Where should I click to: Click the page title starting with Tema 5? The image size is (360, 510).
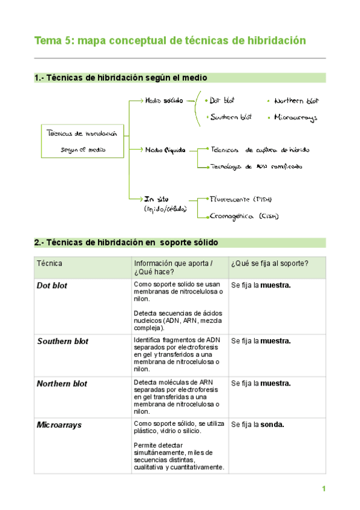pos(170,40)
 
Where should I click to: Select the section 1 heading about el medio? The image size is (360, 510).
pos(121,78)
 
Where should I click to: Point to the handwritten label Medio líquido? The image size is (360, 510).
pos(165,149)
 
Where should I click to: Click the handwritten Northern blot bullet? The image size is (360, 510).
pos(296,101)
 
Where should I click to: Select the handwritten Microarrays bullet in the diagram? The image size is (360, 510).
pos(295,118)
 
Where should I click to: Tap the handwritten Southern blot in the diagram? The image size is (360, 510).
pos(230,117)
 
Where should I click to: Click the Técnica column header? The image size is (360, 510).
pos(49,263)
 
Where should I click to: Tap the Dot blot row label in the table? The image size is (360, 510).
pos(52,286)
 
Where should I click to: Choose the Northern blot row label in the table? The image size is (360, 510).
pos(62,384)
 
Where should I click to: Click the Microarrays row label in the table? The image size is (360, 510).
pos(59,425)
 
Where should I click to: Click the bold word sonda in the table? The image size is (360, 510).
pos(272,425)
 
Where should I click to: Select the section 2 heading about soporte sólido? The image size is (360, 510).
pos(126,242)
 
